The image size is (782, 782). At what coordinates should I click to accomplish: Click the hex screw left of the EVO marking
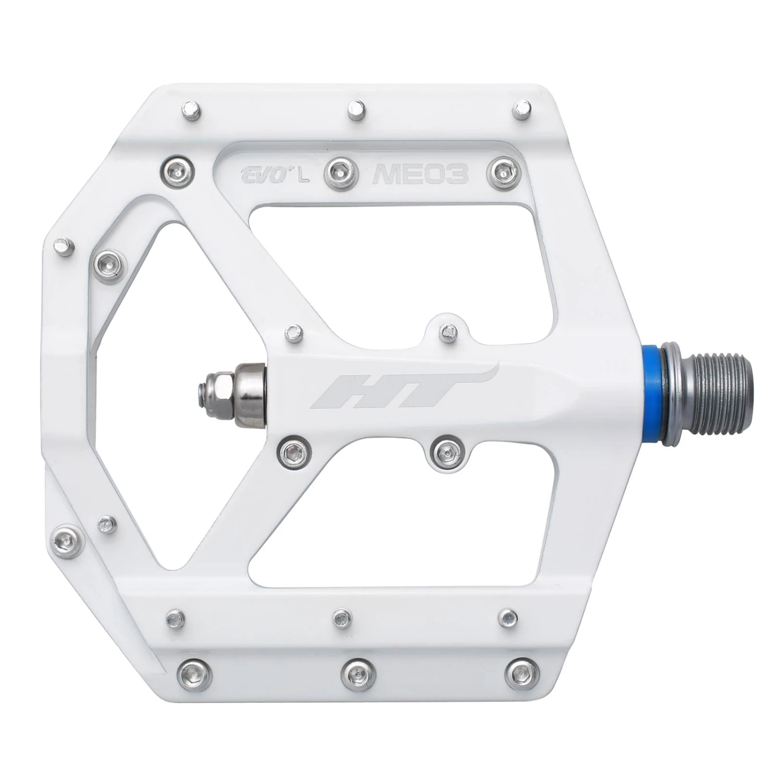[x=177, y=169]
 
